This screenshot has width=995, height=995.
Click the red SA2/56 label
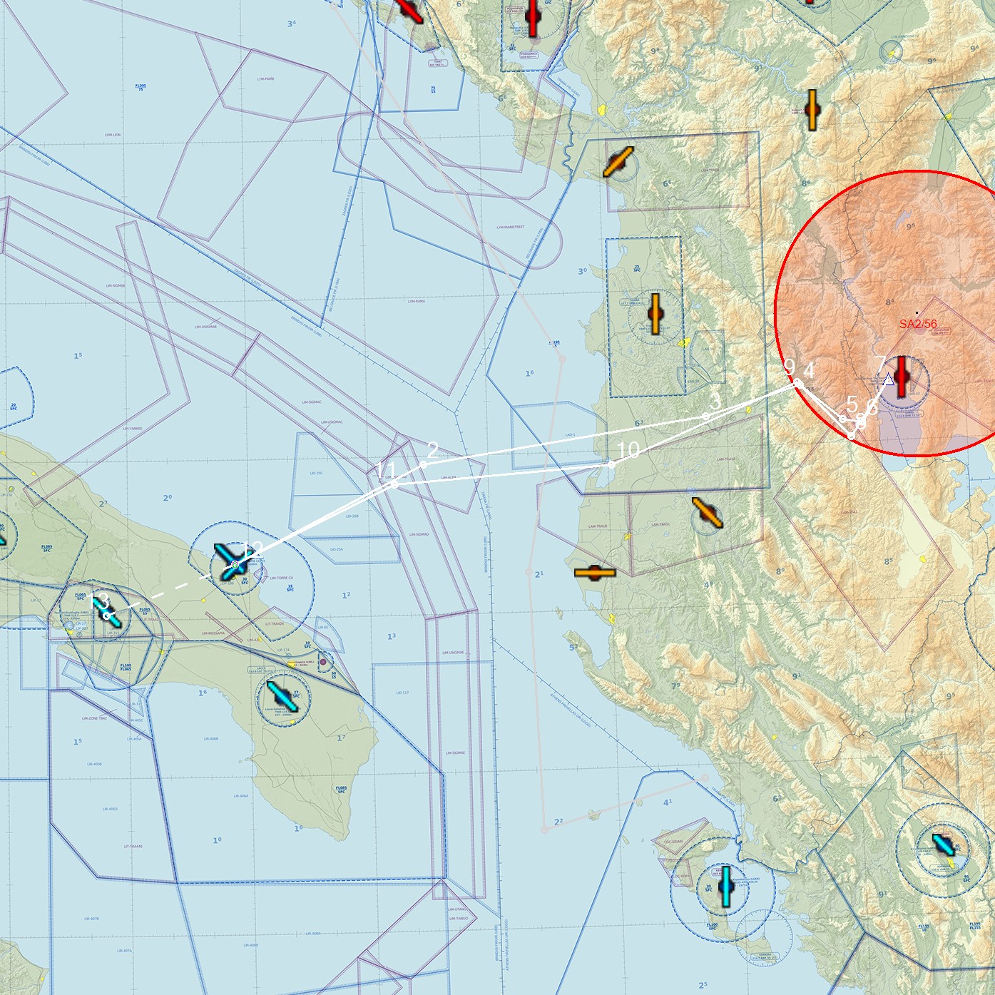click(x=918, y=324)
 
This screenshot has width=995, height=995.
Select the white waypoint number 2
click(x=432, y=449)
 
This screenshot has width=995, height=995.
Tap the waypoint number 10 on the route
click(x=628, y=450)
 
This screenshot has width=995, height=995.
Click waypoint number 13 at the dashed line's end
click(x=100, y=601)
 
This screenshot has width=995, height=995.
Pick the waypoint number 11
click(x=385, y=469)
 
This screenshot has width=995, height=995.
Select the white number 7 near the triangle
click(x=880, y=364)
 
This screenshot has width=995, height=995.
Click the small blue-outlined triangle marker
click(x=888, y=379)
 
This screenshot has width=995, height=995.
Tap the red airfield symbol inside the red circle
click(x=902, y=375)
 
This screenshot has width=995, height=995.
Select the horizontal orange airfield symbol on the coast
click(x=595, y=573)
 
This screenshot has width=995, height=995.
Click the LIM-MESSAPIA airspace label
click(x=213, y=633)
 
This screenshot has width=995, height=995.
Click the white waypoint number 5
click(x=852, y=404)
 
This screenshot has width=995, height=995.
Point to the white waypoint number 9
click(x=789, y=367)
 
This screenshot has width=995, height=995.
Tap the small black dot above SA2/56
click(x=917, y=312)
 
